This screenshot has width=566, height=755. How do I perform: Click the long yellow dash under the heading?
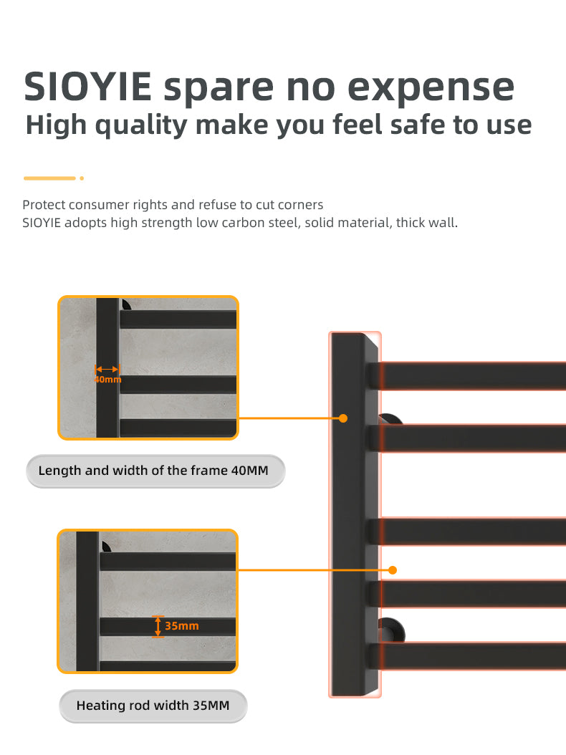click(49, 178)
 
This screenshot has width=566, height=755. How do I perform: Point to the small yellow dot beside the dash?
click(82, 178)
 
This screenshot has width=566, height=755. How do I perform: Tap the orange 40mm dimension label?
click(108, 379)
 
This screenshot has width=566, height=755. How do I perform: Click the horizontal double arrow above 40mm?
click(107, 369)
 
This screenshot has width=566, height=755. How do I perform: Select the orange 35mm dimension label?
click(181, 626)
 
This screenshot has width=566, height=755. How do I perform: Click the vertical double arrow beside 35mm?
click(158, 626)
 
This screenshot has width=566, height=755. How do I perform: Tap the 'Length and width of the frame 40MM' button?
click(155, 471)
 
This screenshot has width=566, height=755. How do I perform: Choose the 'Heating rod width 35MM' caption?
click(153, 706)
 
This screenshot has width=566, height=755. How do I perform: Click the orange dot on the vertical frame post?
click(343, 418)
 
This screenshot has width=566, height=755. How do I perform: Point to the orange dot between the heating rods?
click(392, 570)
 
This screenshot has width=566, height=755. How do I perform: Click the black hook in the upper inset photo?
click(127, 304)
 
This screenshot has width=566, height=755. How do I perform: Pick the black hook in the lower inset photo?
click(107, 547)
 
